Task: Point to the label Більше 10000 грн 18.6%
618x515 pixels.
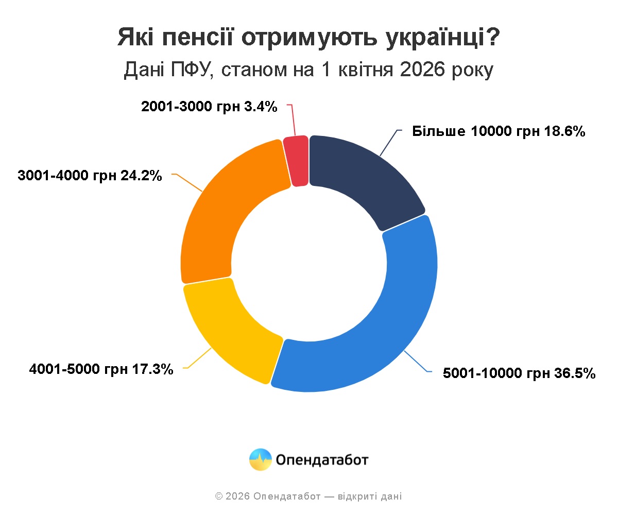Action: [x=499, y=131]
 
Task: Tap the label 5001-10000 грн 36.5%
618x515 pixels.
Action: [x=519, y=373]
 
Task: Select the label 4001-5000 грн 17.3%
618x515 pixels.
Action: [x=101, y=369]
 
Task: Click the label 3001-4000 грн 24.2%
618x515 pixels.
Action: [x=90, y=176]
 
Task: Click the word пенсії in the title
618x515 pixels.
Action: [x=200, y=38]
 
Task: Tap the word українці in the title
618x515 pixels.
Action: [x=434, y=38]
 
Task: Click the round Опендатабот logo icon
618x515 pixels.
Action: [x=261, y=459]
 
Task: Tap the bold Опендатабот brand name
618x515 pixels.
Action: [x=322, y=459]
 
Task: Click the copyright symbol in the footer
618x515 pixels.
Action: [x=219, y=496]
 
